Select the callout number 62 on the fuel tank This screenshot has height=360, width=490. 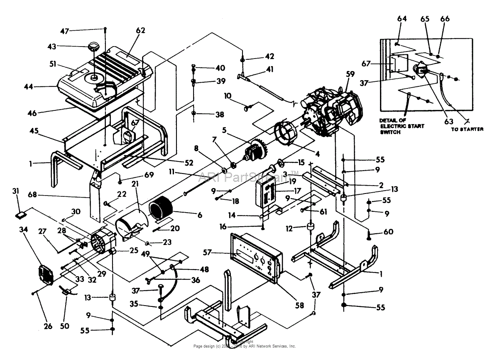[x=140, y=30]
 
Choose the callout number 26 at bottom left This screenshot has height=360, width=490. [x=48, y=326]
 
